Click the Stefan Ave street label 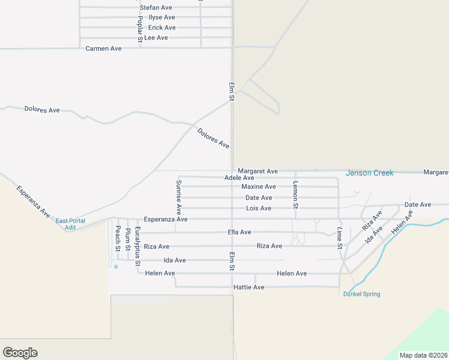point(156,7)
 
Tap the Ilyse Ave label point(161,17)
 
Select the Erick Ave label point(162,28)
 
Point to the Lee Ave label point(156,38)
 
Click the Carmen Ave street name point(104,48)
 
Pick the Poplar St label point(140,28)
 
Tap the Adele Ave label point(239,178)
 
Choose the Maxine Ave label point(259,187)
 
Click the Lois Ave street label point(259,208)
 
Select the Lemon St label point(295,194)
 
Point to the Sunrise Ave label point(179,197)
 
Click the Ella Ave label point(240,232)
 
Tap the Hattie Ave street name point(249,287)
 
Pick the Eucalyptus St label point(137,246)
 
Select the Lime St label point(340,238)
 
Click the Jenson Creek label point(370,173)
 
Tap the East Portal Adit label point(70,224)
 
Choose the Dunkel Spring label point(361,294)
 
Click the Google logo point(20,353)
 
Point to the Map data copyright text point(423,355)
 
